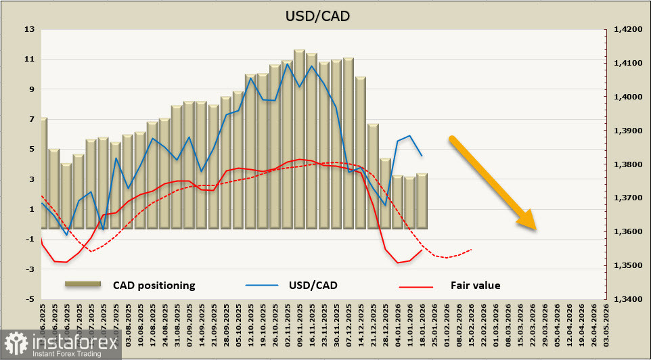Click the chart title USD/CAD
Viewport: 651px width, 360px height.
325,15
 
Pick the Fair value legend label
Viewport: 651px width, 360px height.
475,286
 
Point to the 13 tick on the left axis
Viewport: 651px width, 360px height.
29,30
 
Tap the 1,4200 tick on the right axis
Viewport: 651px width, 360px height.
627,30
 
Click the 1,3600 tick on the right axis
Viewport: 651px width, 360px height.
627,232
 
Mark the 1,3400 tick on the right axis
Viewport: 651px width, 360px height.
627,299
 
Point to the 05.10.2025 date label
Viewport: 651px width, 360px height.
238,323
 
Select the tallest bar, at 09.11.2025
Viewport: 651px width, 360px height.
299,139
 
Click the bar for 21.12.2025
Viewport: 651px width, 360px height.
372,176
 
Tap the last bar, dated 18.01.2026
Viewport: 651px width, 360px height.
421,201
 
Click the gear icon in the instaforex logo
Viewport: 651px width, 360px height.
16,344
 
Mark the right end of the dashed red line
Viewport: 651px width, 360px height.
472,249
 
